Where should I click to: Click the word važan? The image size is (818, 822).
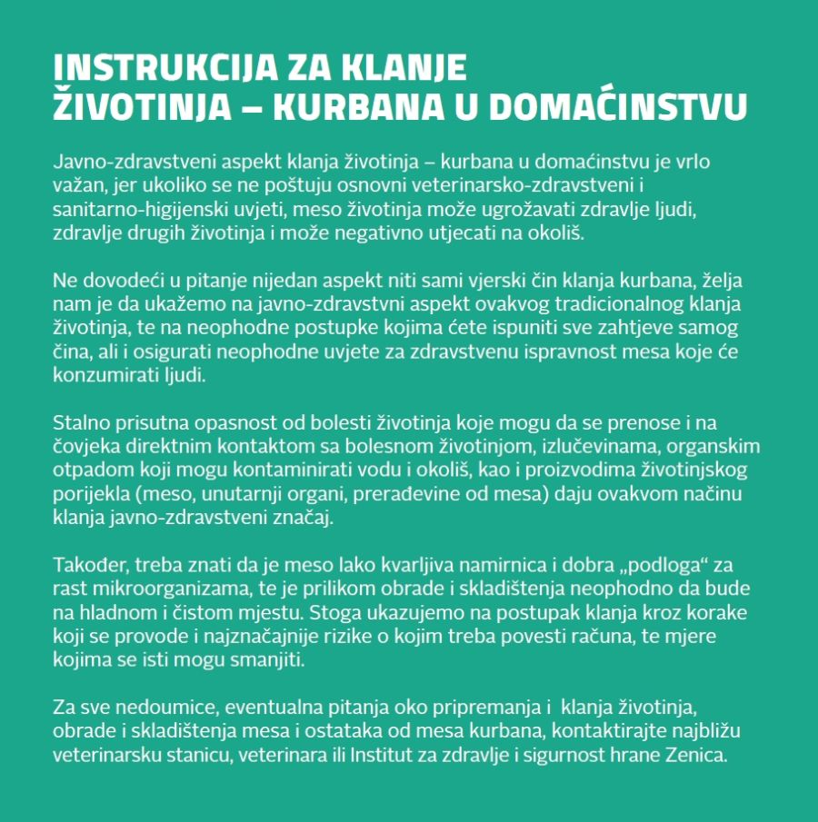click(77, 186)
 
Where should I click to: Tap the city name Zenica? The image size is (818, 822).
click(697, 754)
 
